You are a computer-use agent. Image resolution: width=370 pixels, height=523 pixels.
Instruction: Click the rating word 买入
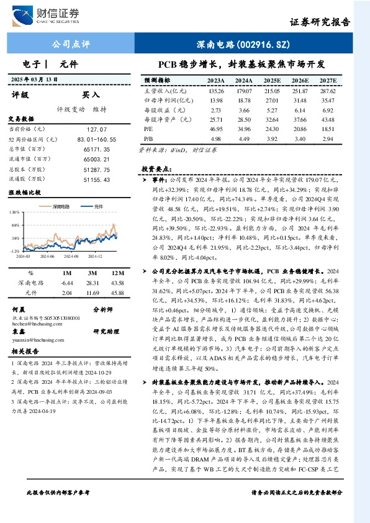(x=91, y=95)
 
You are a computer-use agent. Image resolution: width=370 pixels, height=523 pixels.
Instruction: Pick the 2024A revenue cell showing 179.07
(x=243, y=91)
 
